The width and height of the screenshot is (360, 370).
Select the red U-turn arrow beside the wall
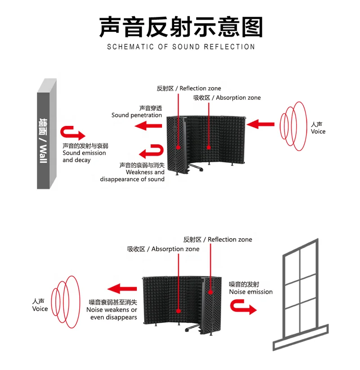tap(73, 133)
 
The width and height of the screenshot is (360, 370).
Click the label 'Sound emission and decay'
tap(85, 153)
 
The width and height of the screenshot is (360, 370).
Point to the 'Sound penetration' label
tap(137, 112)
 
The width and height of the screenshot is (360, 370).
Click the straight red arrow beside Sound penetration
tap(149, 127)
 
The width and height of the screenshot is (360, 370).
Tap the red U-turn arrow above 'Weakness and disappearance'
tap(151, 151)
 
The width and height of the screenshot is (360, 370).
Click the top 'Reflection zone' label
tap(189, 89)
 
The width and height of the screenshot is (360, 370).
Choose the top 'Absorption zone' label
tap(227, 98)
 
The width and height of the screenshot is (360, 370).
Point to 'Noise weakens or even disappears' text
tap(112, 310)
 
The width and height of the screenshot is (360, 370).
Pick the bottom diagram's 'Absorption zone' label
tap(163, 249)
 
